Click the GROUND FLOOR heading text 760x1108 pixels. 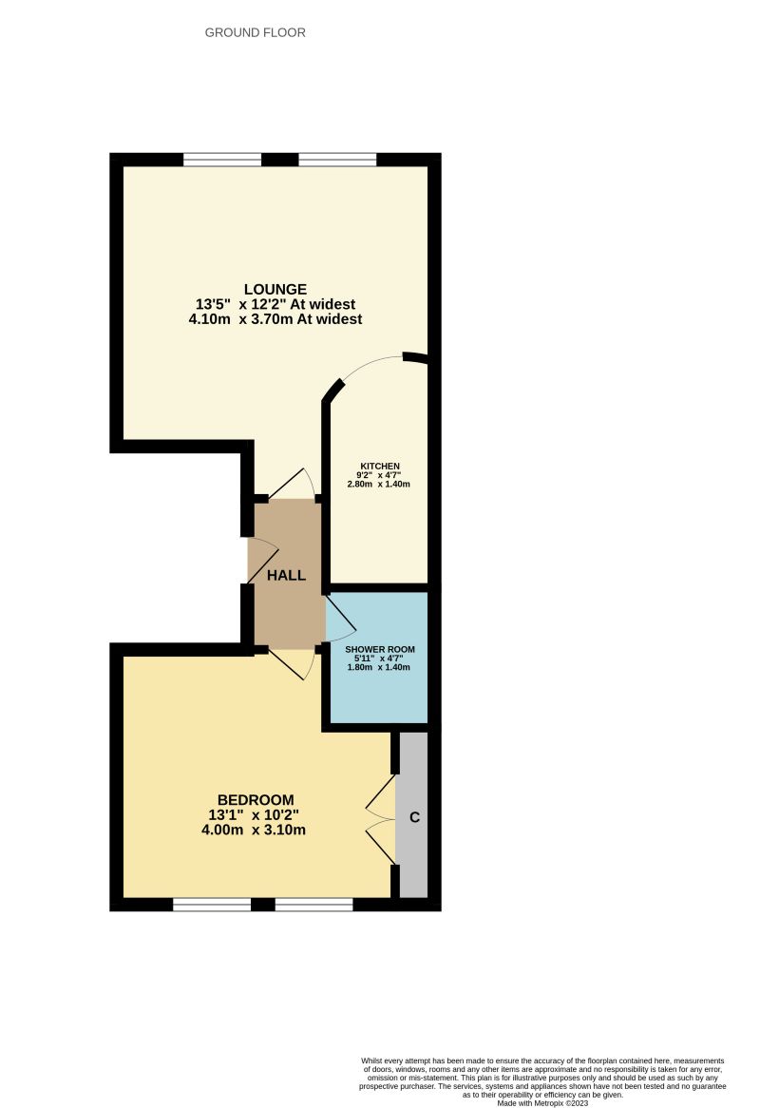256,33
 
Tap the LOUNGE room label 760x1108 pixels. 275,289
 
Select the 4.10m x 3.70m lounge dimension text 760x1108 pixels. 275,320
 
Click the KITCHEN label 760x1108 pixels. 379,467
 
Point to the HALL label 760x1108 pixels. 286,576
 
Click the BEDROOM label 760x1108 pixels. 256,799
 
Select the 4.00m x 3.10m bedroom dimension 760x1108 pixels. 254,830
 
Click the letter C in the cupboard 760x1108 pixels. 413,817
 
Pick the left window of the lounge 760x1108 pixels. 222,160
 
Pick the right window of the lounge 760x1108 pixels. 337,160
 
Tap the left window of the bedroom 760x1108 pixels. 211,904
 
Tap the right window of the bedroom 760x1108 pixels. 313,904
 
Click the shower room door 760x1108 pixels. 339,619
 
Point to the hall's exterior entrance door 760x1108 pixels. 262,561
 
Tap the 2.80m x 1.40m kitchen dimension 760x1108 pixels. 379,484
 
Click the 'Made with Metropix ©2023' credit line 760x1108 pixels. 542,1102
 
